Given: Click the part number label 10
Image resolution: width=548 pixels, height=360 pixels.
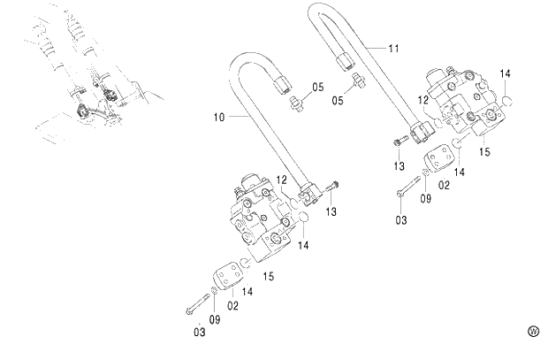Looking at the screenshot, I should click(218, 116).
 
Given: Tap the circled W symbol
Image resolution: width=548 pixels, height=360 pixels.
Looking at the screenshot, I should click(533, 332).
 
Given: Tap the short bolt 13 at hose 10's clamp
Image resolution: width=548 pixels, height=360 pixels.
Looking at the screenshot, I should click(332, 186).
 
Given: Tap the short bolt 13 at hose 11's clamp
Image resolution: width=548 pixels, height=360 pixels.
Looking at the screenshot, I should click(400, 140).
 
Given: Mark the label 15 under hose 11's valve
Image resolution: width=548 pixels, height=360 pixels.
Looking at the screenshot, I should click(483, 151).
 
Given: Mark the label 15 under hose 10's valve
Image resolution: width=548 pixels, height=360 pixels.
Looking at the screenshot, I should click(269, 277).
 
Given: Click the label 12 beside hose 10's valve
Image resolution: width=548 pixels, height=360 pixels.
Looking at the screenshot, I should click(282, 180).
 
